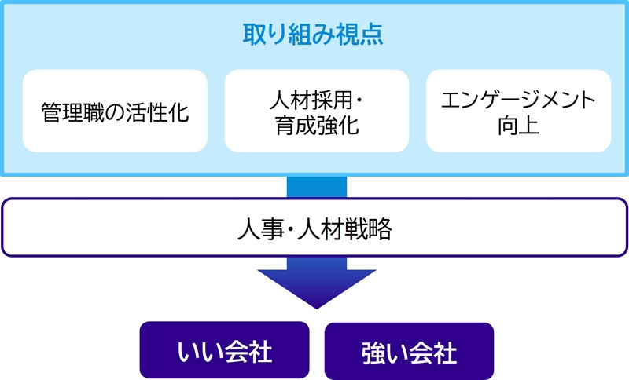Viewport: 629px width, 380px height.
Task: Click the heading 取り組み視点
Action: [x=314, y=36]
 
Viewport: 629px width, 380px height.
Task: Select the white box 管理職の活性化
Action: [x=115, y=111]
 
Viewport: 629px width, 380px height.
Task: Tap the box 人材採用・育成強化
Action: [x=316, y=111]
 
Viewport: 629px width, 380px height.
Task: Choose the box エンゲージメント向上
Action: [x=518, y=111]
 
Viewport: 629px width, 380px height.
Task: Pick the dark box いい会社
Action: [x=224, y=351]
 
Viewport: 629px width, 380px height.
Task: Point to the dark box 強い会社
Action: [x=409, y=351]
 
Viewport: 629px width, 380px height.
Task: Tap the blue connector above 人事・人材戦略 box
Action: [x=316, y=188]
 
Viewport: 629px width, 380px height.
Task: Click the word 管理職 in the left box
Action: [x=72, y=111]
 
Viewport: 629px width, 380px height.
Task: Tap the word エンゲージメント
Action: [x=518, y=99]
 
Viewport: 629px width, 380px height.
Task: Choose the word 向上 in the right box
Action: [x=518, y=125]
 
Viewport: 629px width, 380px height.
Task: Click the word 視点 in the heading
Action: [x=361, y=36]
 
